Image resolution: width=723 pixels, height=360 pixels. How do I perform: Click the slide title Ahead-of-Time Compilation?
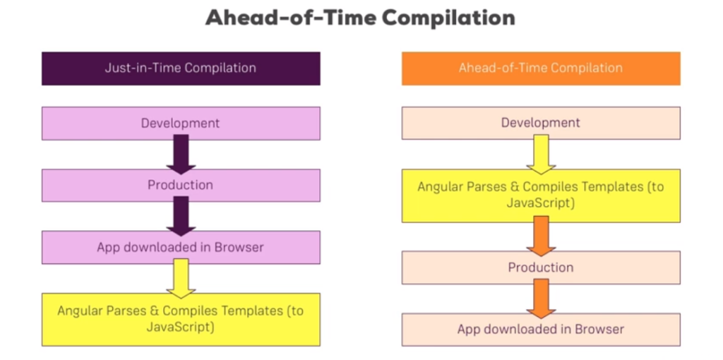(x=360, y=18)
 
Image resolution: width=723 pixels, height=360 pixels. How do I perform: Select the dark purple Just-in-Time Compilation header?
(x=181, y=68)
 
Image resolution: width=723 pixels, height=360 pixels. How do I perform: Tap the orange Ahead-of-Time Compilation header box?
(x=541, y=68)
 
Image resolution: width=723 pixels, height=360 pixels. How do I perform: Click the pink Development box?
(x=181, y=124)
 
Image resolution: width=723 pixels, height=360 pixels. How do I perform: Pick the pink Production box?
(x=181, y=186)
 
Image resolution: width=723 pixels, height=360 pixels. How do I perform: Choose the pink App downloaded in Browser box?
(x=181, y=247)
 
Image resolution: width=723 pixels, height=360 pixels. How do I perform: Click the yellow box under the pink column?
(x=181, y=320)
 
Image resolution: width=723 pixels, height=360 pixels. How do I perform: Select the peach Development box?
(x=541, y=123)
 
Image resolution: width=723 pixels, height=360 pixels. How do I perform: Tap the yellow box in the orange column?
(x=541, y=196)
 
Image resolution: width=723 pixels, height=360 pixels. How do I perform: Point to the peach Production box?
(x=541, y=268)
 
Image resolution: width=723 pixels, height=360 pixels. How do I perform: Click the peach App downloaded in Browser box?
(x=541, y=330)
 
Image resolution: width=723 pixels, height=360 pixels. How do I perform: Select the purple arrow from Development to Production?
(x=181, y=155)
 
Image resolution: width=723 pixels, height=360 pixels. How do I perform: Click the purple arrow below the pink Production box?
(x=181, y=216)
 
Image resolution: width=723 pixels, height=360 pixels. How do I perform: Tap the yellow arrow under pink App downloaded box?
(x=181, y=278)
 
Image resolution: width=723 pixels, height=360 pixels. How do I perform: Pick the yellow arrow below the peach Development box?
(x=541, y=155)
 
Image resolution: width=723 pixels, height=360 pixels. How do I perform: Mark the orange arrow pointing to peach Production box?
(x=541, y=236)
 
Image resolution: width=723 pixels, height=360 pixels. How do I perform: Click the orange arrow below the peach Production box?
(x=541, y=299)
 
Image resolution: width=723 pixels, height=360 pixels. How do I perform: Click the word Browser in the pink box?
(x=239, y=247)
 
